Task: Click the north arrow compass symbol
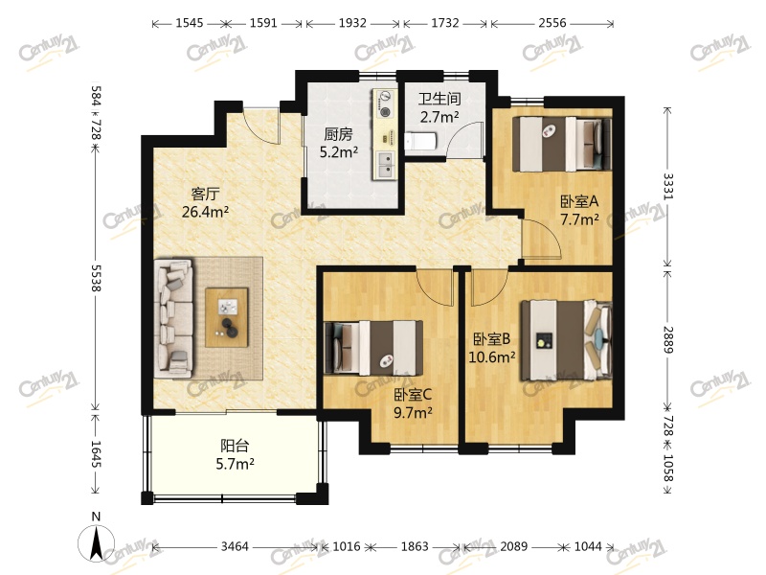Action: point(97,542)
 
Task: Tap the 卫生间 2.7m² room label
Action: point(439,107)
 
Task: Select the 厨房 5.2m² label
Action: point(339,143)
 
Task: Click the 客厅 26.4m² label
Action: point(205,203)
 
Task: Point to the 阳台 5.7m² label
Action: point(235,454)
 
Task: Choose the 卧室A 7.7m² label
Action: point(579,210)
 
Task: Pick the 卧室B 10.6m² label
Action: point(492,348)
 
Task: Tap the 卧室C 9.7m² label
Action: point(413,403)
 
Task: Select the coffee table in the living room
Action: point(227,317)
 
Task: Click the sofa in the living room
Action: point(173,319)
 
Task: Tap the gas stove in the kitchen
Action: point(386,103)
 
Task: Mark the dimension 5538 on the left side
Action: point(97,278)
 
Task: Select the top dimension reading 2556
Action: point(552,23)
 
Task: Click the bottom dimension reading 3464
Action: point(235,546)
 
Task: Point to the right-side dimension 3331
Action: point(667,186)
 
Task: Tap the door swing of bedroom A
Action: point(541,239)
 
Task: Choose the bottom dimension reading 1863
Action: point(415,546)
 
